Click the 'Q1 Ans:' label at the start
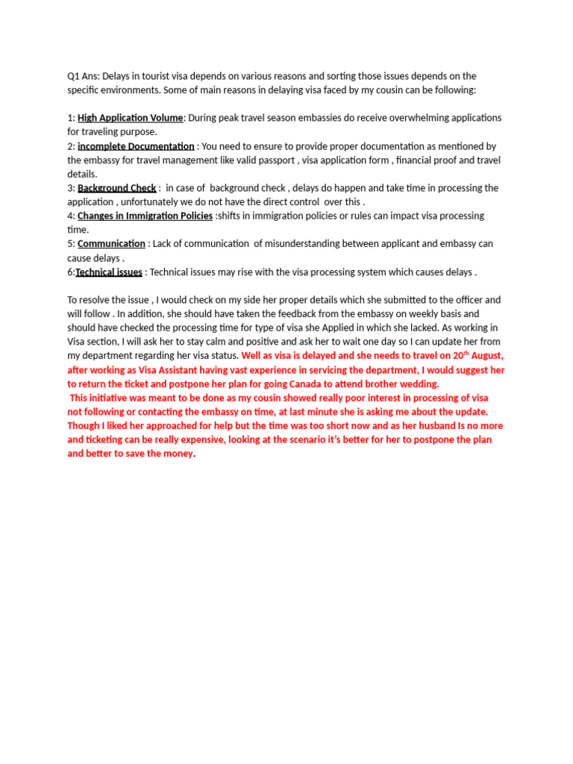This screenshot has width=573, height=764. [x=83, y=76]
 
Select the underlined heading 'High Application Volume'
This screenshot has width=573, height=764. [x=130, y=118]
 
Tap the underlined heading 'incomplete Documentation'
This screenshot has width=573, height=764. [x=136, y=146]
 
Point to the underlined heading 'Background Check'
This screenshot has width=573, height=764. [x=116, y=188]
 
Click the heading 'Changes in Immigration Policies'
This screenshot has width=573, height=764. [x=145, y=216]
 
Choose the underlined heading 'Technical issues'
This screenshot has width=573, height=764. [x=109, y=272]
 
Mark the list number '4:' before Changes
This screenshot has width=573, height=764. [x=71, y=216]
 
